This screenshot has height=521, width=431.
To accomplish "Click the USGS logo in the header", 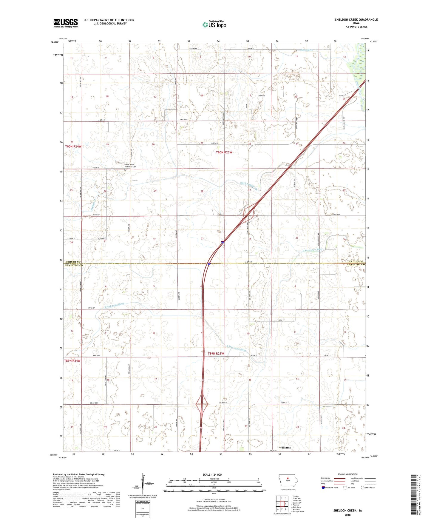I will point(66,23).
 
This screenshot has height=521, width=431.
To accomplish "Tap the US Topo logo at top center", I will point(214,24).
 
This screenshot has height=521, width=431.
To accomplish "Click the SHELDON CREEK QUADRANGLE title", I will point(356,20).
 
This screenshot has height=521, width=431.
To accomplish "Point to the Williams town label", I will point(285,448).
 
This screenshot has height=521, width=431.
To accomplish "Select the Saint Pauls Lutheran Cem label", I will point(131,166).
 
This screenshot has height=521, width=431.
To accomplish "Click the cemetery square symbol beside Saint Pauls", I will point(125,169).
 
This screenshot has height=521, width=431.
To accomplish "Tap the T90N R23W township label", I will point(224,152).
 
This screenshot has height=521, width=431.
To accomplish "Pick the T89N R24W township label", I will point(72,361).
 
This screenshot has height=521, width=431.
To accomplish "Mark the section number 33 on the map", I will point(202,238).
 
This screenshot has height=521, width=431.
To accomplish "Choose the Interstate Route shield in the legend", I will point(323,488).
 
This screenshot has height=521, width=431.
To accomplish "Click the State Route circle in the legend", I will point(363,488).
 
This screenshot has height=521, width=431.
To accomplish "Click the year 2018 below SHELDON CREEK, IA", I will point(347,515).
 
